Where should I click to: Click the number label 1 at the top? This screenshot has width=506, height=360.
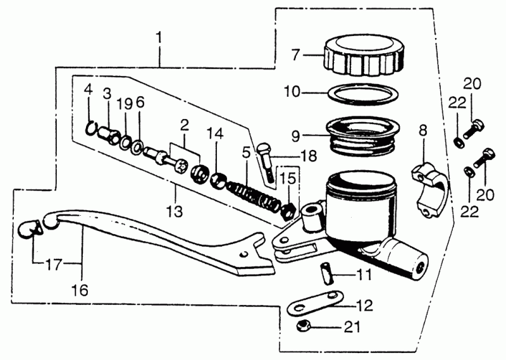coord(159,38)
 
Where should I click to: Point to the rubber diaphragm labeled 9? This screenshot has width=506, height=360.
coord(361,135)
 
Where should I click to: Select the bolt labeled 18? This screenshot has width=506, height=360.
coord(268,162)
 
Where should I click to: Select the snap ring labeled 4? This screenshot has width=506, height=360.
coord(92,129)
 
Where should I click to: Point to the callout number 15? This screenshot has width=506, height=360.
coord(287,179)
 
